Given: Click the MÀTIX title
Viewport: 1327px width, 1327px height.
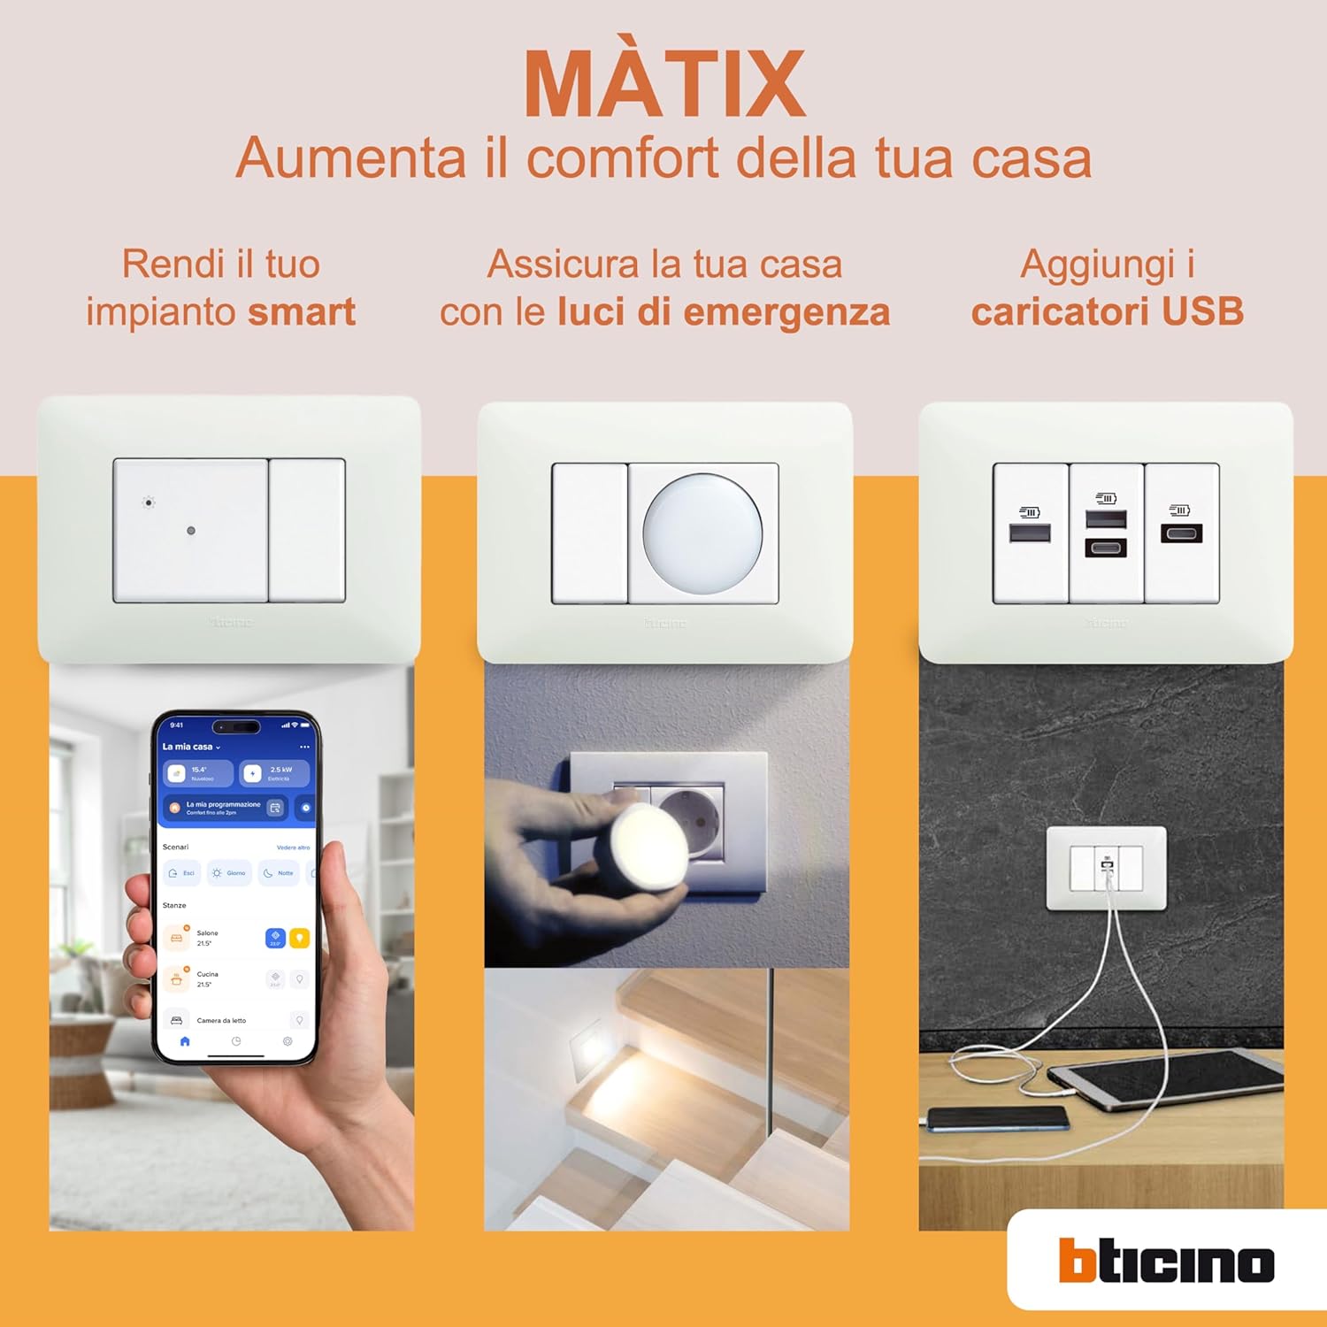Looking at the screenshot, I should tap(664, 85).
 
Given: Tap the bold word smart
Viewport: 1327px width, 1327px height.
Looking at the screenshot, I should tap(302, 312).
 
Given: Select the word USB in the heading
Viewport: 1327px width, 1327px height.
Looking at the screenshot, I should tap(1202, 312).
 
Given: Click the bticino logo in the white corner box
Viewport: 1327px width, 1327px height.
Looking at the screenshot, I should tap(1166, 1261).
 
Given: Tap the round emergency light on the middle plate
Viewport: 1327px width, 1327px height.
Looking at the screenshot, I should tap(702, 531).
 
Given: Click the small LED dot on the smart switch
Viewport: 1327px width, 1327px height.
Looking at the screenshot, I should tap(191, 531).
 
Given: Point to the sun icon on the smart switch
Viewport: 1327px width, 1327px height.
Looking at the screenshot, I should tap(149, 502).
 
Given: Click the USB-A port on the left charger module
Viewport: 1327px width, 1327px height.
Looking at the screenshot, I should tap(1030, 533).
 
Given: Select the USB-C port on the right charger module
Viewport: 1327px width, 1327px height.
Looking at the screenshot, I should tap(1182, 533).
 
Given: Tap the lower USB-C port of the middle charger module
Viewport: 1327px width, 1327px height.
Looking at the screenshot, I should tap(1106, 548).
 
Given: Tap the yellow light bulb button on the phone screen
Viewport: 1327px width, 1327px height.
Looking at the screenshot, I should tap(300, 938).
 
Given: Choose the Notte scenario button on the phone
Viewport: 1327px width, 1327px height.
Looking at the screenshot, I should tap(280, 873).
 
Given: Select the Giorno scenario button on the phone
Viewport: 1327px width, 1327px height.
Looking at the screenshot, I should tap(229, 873).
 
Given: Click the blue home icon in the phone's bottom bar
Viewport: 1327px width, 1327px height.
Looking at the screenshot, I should tap(185, 1041).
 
